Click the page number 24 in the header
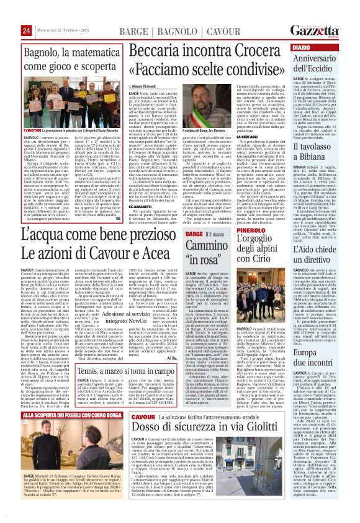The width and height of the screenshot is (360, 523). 9,30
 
